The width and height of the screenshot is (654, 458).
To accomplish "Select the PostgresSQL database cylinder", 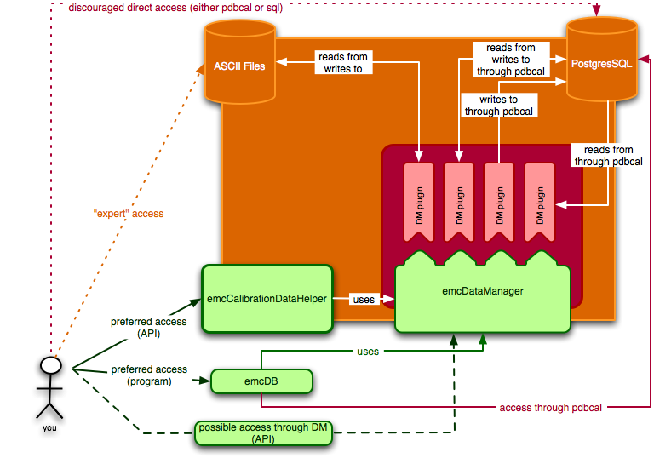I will [x=603, y=64].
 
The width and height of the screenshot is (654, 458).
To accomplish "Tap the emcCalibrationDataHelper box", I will [x=267, y=299].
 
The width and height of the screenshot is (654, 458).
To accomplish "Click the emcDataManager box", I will [x=482, y=292].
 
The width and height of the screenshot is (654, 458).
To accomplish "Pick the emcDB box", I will [x=261, y=381].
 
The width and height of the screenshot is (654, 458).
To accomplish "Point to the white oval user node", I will [x=51, y=365].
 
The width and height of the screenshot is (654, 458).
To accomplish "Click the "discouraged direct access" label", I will [x=186, y=8].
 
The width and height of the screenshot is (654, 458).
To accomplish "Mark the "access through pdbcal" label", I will [x=552, y=408].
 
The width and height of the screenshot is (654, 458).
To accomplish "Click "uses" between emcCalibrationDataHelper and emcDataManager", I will [x=364, y=299].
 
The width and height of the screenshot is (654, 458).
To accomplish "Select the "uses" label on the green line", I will [x=368, y=351].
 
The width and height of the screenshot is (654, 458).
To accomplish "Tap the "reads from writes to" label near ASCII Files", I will [x=345, y=63].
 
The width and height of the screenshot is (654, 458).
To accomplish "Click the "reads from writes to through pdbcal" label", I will [x=511, y=60].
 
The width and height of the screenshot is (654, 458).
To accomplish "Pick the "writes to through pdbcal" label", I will [x=498, y=105].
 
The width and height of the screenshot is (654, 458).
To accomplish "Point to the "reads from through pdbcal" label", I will [x=603, y=156].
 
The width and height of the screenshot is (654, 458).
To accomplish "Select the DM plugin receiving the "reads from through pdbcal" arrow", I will [x=539, y=203].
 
